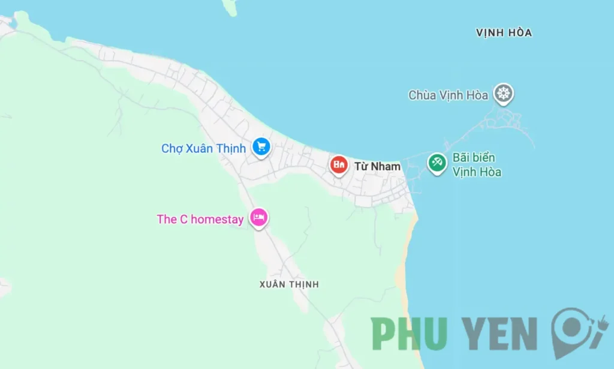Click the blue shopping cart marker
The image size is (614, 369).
tap(261, 146)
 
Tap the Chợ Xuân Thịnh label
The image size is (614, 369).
tap(203, 148)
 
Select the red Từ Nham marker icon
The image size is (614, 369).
tap(339, 164)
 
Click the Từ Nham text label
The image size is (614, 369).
tap(377, 166)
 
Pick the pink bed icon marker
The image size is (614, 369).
tap(258, 217)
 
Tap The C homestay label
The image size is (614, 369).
tap(200, 220)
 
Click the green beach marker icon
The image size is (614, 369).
tap(437, 162)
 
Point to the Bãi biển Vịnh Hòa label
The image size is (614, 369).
tap(477, 165)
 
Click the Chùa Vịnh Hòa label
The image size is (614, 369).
tap(448, 95)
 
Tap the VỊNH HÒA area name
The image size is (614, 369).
tap(504, 33)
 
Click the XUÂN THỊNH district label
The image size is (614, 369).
tap(289, 284)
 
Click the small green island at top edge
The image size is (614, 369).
tap(229, 7)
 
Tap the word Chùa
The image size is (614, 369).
tap(422, 95)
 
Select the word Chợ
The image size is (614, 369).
tap(171, 148)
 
